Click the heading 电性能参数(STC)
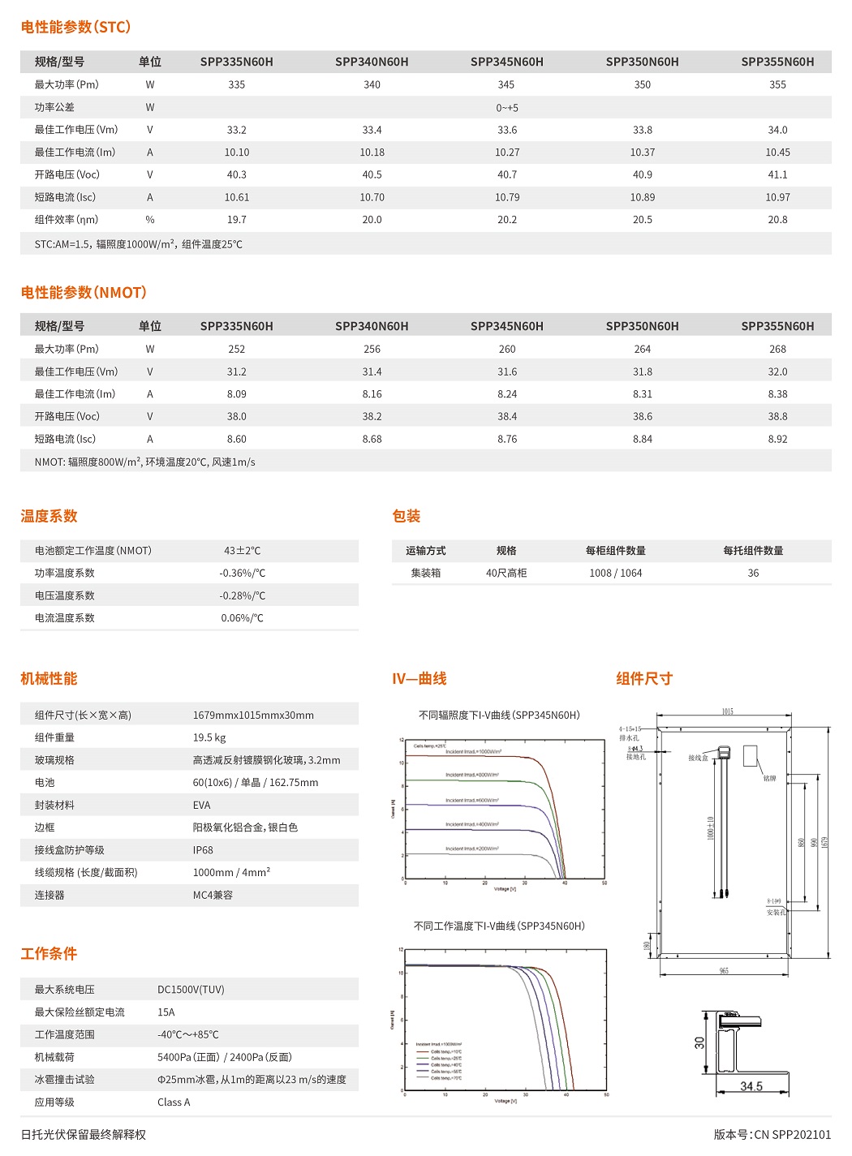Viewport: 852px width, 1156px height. (x=75, y=27)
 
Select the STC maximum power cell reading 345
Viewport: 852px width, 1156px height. (x=506, y=84)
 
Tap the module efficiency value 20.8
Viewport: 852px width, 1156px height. (x=777, y=220)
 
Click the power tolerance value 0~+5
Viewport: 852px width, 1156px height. (x=507, y=107)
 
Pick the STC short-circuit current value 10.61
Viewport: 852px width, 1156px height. (x=237, y=197)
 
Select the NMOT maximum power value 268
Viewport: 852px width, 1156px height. (x=777, y=349)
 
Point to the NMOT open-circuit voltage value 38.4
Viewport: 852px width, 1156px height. (x=507, y=416)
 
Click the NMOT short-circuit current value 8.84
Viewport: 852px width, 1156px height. (x=642, y=439)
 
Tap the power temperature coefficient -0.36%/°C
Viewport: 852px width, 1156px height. (x=242, y=573)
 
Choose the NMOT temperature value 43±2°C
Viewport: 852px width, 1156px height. (x=242, y=551)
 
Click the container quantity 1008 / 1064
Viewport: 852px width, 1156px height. (x=615, y=573)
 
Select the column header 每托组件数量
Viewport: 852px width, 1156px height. (x=753, y=551)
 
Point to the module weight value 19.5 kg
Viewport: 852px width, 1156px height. (x=209, y=737)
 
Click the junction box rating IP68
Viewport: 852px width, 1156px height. (x=203, y=850)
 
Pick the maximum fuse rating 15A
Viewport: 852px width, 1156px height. (x=166, y=1012)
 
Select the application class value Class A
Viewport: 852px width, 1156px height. (x=174, y=1102)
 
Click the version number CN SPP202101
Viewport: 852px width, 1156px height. (x=772, y=1135)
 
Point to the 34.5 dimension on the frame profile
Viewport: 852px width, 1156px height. (x=751, y=1086)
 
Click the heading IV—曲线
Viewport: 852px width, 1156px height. (x=420, y=679)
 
